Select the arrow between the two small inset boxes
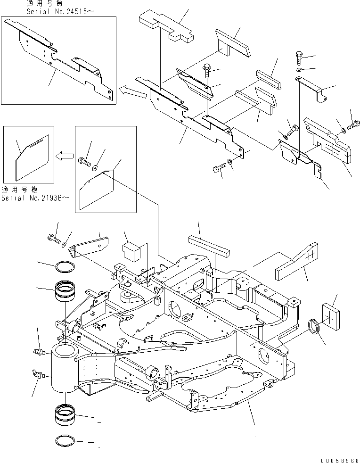[65, 156]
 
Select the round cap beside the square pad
[313, 327]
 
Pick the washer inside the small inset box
[96, 166]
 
